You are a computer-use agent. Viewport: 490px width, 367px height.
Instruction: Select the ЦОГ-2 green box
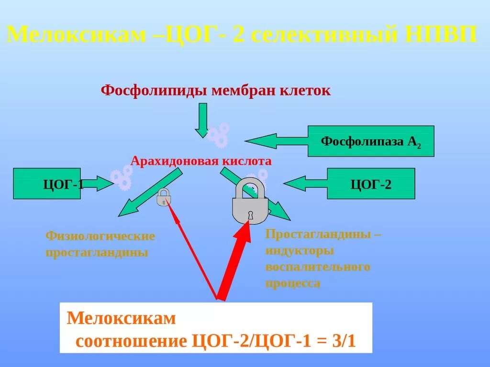click(x=371, y=183)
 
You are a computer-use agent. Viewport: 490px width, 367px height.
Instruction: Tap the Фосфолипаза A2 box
click(x=371, y=141)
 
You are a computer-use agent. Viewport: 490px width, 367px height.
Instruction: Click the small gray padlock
click(x=164, y=197)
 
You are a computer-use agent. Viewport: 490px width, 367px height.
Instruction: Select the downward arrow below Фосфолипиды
click(x=202, y=119)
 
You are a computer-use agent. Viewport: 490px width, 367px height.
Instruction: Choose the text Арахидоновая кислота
click(x=201, y=161)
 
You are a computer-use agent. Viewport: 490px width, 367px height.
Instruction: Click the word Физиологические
click(x=100, y=236)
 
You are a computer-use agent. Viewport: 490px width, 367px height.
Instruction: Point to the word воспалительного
click(x=318, y=267)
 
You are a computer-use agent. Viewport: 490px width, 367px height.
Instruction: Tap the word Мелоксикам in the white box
click(x=122, y=318)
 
